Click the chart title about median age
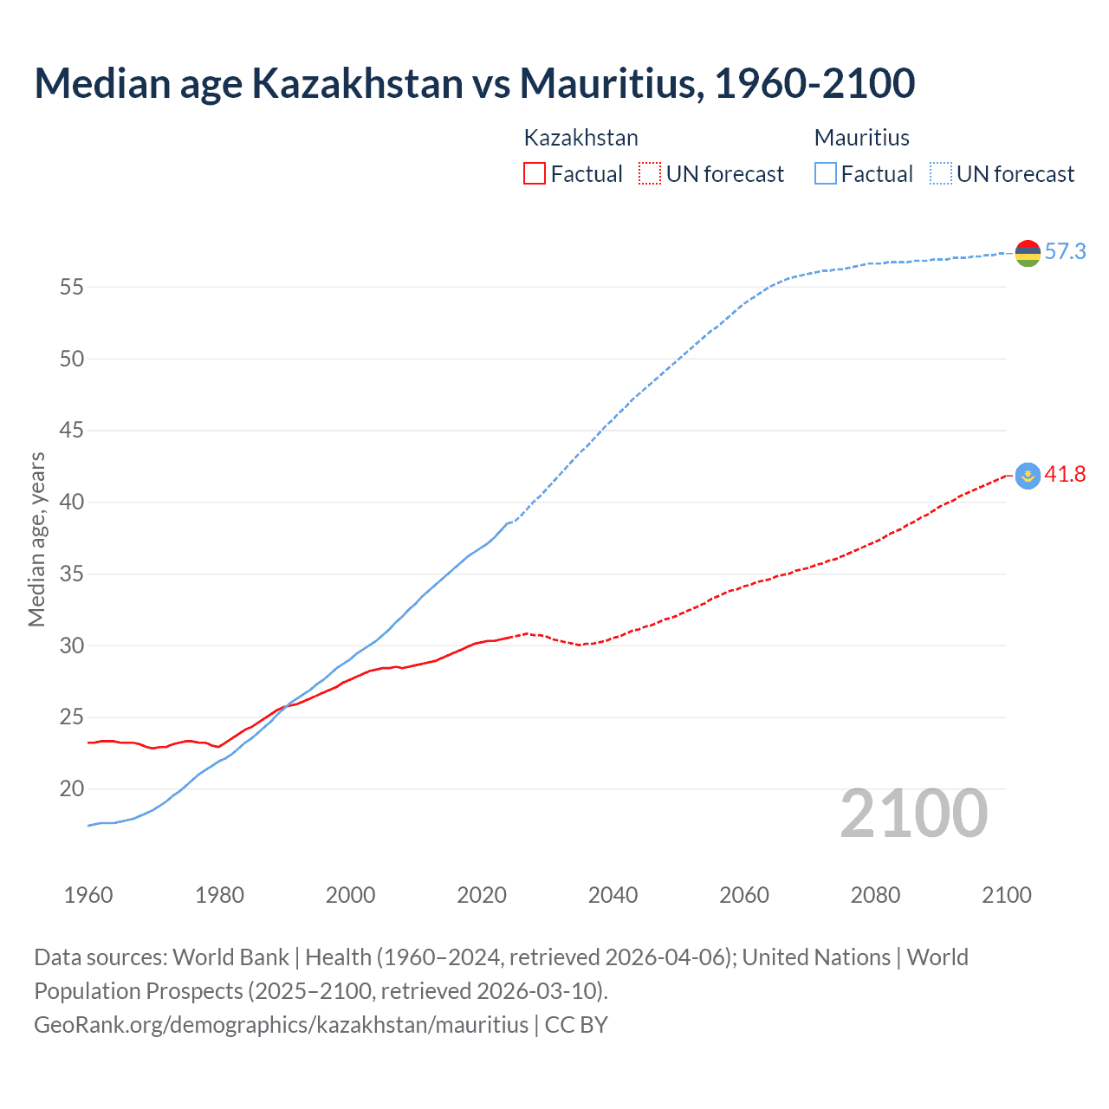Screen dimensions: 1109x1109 click(474, 83)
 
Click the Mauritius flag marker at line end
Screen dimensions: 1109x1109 click(1028, 253)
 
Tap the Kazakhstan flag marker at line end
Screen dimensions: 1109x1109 click(1028, 476)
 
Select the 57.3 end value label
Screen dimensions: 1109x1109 click(1065, 252)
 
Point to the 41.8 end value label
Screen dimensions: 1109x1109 click(1065, 475)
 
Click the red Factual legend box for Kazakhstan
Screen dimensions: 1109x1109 click(535, 174)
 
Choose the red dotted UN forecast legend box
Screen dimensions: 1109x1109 click(650, 174)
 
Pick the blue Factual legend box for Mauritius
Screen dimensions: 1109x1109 click(826, 174)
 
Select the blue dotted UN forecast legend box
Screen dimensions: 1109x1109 click(940, 174)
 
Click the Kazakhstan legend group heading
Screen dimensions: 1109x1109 click(580, 138)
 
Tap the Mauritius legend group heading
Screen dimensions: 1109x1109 click(861, 138)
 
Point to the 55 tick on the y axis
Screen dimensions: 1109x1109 click(72, 287)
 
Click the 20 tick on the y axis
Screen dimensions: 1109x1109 click(72, 789)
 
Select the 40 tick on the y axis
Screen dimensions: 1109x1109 click(72, 503)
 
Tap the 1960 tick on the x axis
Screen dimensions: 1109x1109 click(88, 895)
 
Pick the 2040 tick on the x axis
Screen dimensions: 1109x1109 click(613, 895)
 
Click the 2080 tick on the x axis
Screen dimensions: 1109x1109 click(875, 895)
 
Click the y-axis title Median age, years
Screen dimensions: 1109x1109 click(36, 539)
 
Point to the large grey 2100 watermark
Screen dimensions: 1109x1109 click(913, 814)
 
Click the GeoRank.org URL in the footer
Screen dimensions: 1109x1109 click(281, 1025)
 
